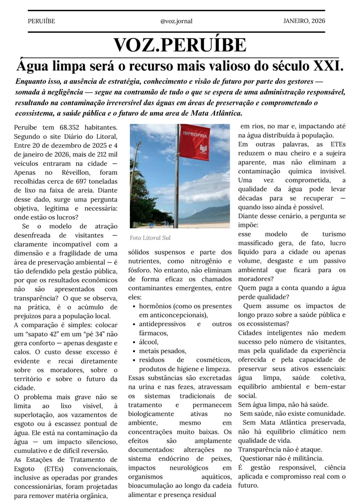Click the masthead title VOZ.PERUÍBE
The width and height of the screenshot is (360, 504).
[180, 45]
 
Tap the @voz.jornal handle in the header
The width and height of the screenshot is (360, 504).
[176, 21]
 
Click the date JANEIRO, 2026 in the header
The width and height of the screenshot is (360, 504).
[304, 21]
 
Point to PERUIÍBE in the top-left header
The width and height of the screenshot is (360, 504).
[41, 21]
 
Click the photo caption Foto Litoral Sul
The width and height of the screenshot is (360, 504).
[150, 238]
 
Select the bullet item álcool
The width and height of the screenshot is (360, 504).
[149, 342]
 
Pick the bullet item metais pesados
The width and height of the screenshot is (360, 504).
[162, 351]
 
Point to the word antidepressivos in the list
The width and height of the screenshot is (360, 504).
[162, 324]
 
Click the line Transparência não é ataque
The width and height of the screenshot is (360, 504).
[280, 449]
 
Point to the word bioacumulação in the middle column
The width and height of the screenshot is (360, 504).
[153, 486]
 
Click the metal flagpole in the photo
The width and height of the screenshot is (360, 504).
[177, 188]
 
